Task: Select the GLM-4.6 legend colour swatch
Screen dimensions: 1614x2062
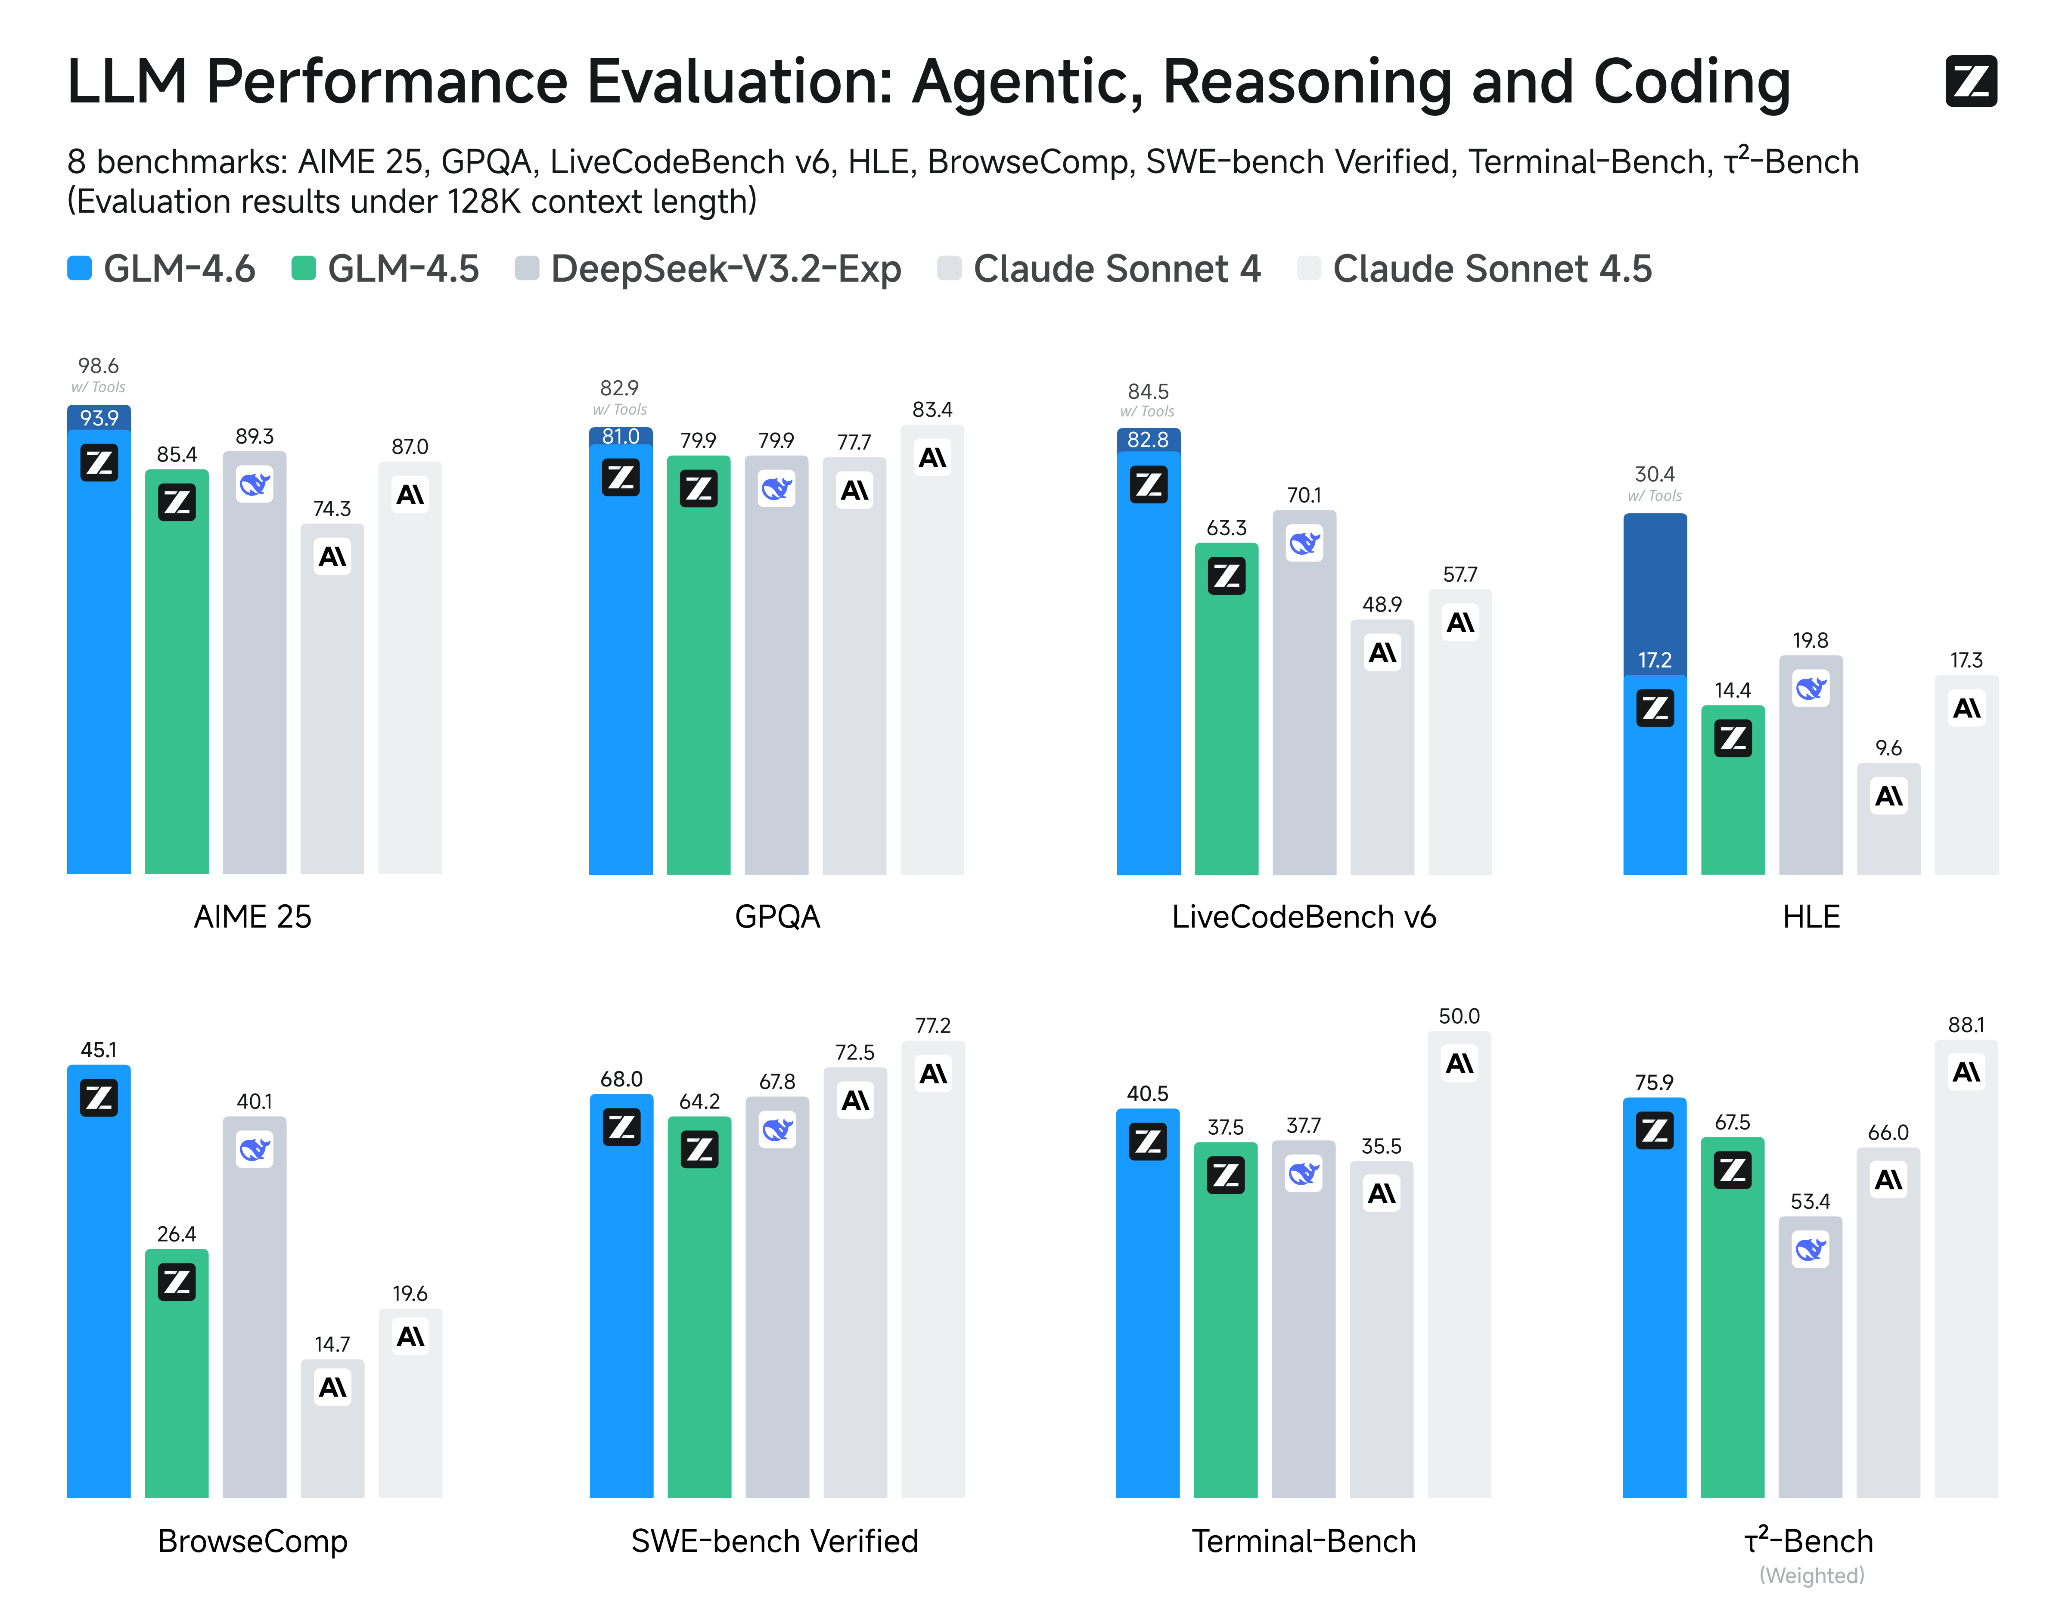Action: point(79,268)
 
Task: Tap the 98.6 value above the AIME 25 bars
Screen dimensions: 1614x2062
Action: point(98,366)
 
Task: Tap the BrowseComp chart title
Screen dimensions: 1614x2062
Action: point(252,1541)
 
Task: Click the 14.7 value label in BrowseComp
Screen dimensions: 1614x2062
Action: point(332,1344)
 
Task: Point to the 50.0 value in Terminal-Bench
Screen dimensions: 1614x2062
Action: point(1459,1017)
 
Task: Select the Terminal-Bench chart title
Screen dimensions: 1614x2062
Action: point(1303,1541)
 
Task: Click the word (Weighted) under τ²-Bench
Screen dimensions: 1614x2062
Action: point(1810,1575)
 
